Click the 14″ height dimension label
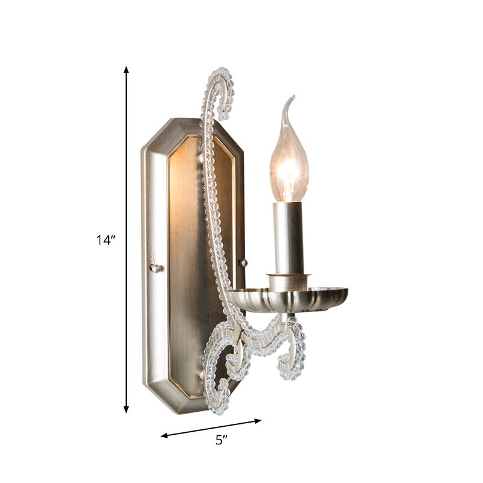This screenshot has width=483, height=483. tap(105, 240)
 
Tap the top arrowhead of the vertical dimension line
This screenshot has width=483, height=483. tap(126, 70)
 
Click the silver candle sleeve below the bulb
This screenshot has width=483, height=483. tap(288, 235)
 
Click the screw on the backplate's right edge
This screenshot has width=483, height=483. tap(243, 263)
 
